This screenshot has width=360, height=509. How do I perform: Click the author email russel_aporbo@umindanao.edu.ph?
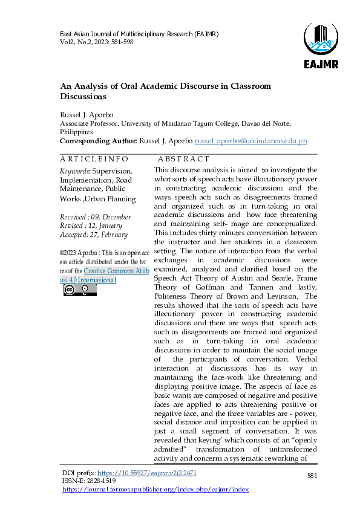point(250,141)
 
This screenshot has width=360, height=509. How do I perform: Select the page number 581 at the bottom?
point(312,476)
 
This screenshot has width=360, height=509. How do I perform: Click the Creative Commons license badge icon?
point(80,290)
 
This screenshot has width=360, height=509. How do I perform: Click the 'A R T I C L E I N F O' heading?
point(94,159)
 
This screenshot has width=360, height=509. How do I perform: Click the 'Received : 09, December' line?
point(95,216)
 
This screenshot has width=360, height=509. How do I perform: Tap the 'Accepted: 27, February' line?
point(93,235)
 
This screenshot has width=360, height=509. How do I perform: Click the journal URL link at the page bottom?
point(155,490)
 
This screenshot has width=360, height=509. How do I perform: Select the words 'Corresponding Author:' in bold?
point(98,141)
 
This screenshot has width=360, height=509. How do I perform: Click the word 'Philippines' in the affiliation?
point(76,132)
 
